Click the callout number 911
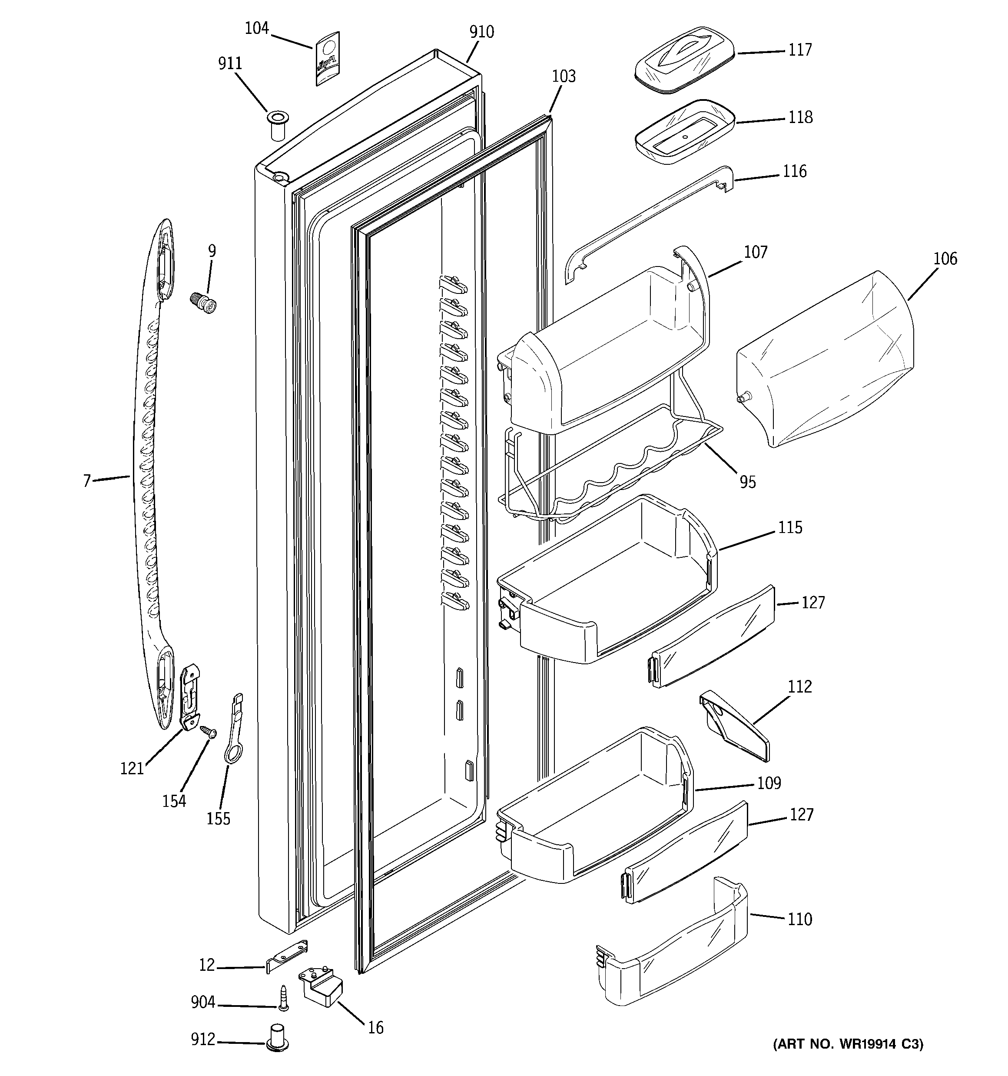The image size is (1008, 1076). [x=230, y=64]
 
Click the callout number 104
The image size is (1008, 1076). [x=256, y=28]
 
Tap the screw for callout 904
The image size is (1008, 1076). [x=283, y=997]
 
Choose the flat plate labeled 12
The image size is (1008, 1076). [x=287, y=956]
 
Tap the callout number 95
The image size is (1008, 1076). [x=747, y=482]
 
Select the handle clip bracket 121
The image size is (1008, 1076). [x=190, y=698]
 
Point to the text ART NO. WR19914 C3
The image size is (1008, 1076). [x=848, y=1043]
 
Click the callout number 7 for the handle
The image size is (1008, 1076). [x=86, y=480]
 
